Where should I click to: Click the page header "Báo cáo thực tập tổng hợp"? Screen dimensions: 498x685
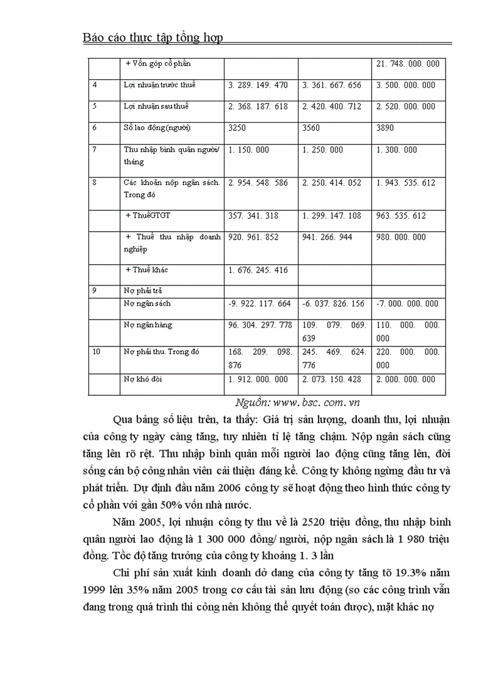click(x=153, y=38)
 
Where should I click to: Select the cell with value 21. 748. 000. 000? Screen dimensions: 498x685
click(x=408, y=63)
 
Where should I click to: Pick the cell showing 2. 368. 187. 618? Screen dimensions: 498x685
click(x=258, y=106)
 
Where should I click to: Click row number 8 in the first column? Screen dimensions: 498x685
click(x=95, y=182)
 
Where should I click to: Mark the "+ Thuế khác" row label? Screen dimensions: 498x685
click(x=146, y=270)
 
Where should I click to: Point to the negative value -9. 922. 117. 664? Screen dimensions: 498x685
click(x=259, y=303)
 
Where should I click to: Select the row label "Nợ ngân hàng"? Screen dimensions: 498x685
click(x=148, y=325)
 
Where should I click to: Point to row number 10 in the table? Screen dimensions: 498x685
click(x=96, y=352)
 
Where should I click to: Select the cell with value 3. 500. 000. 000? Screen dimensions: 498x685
click(x=406, y=85)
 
